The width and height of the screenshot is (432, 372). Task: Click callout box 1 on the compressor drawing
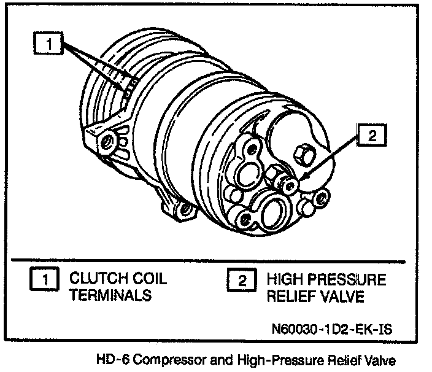coord(49,43)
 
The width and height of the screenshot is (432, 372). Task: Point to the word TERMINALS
coord(110,296)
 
